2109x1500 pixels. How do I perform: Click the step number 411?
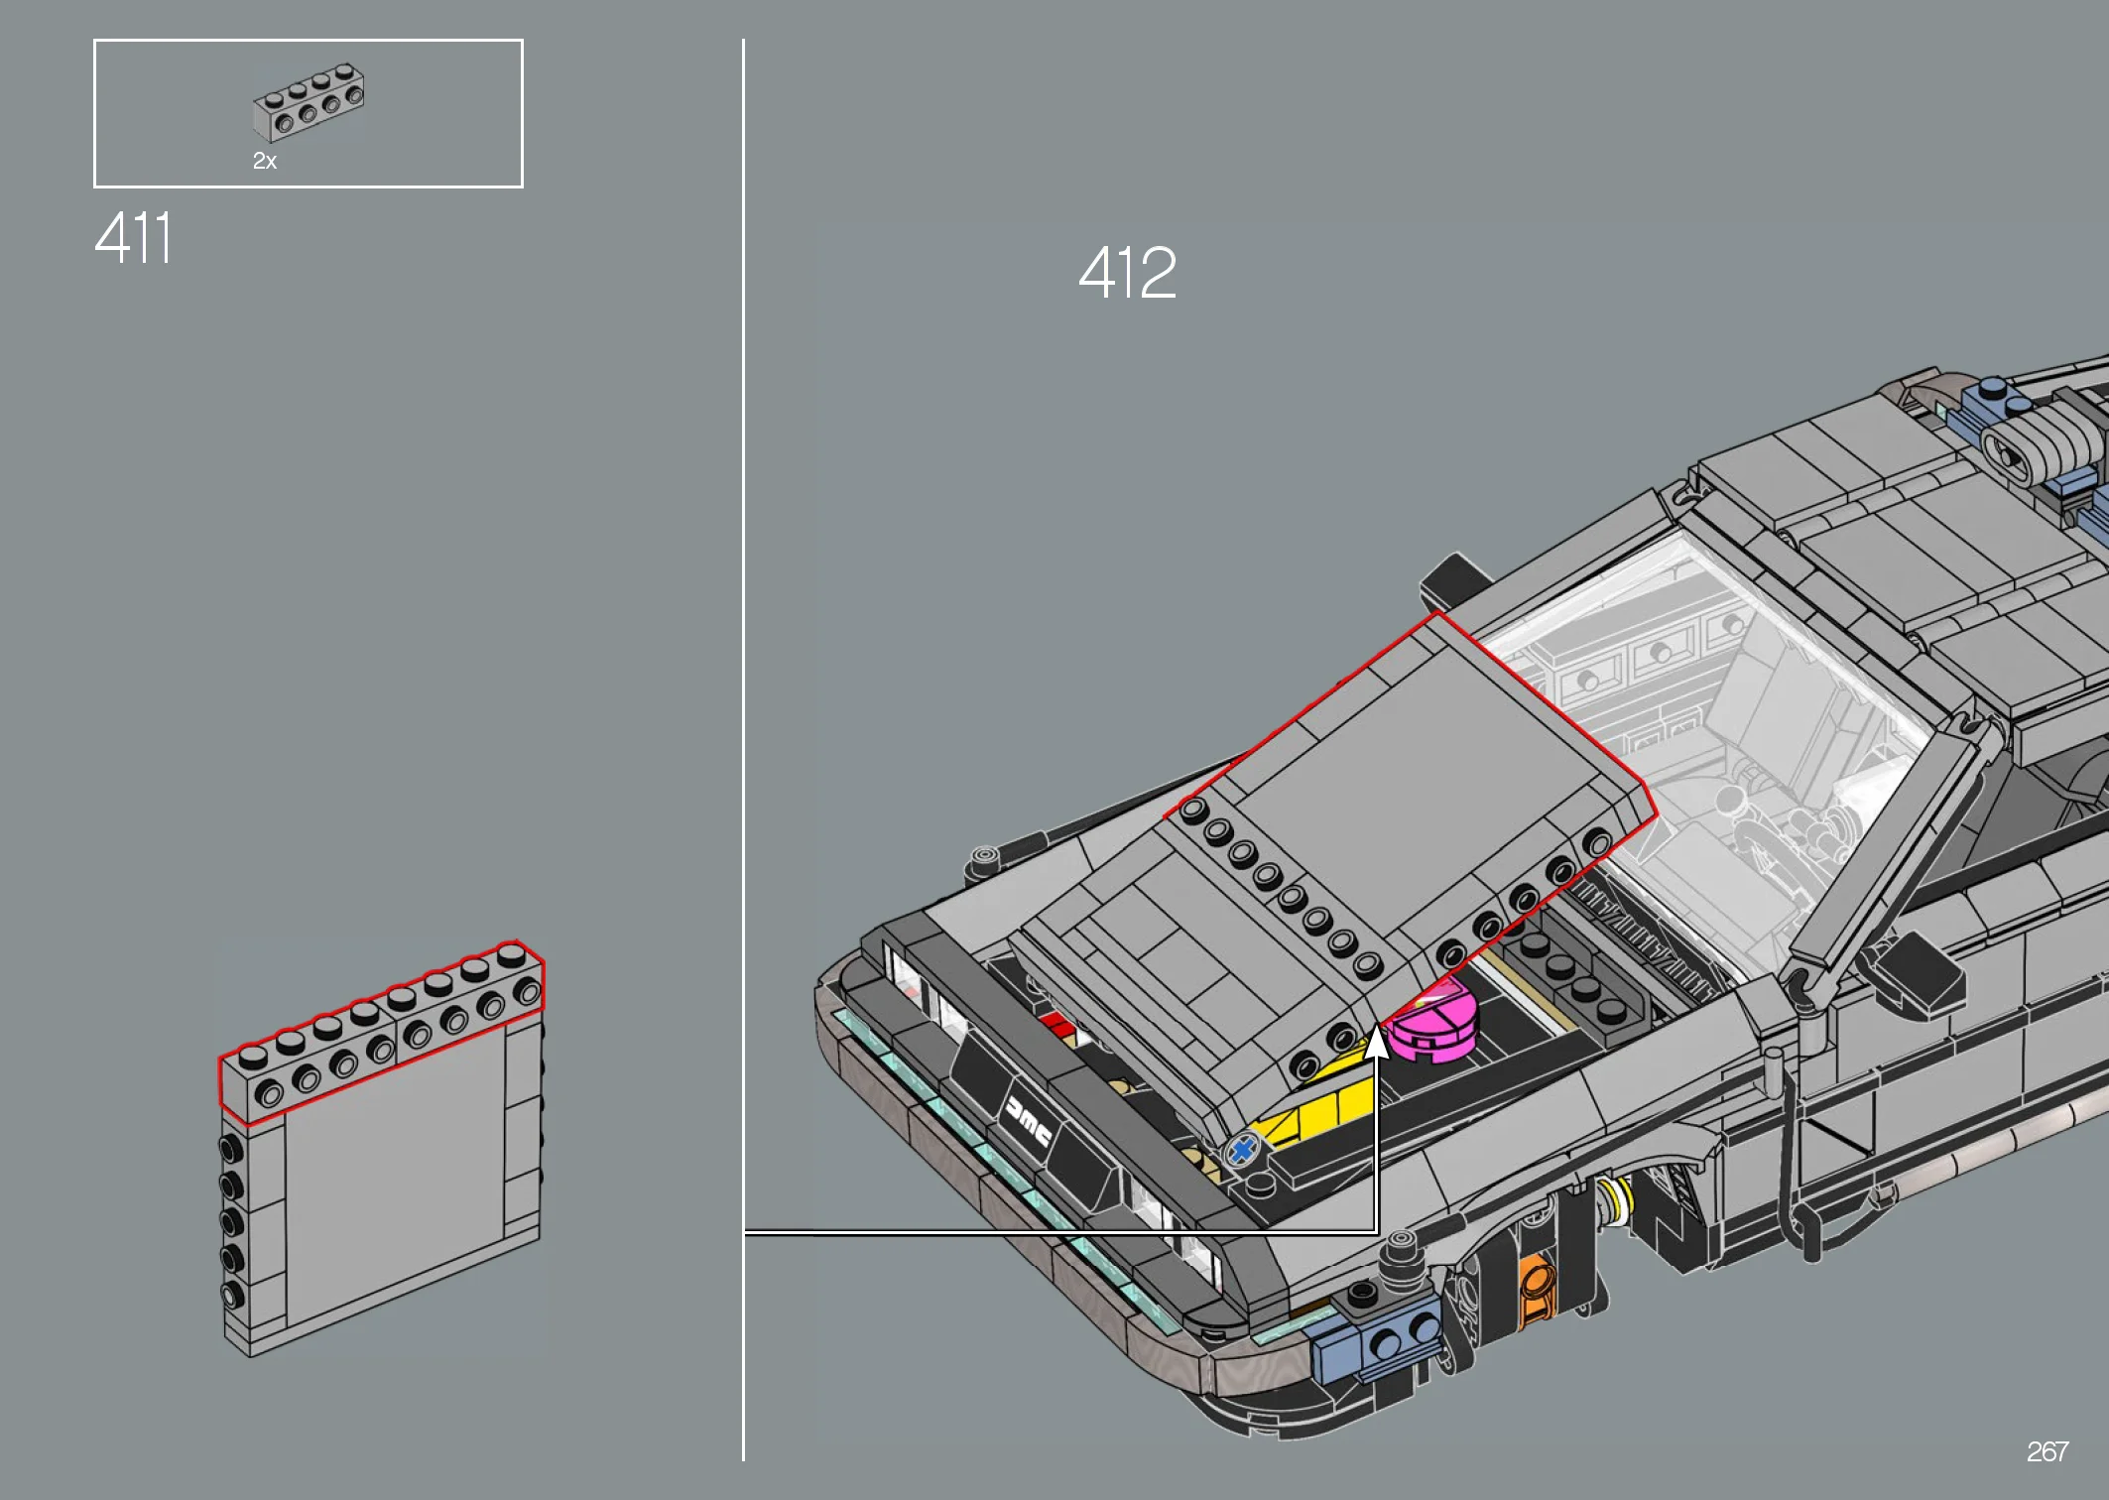tap(133, 238)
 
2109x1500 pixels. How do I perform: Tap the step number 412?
tap(1127, 273)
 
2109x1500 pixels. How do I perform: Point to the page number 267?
tap(2047, 1452)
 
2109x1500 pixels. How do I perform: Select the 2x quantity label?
tap(265, 161)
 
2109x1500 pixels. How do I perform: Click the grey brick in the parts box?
tap(309, 102)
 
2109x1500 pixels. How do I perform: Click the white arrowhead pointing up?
tap(1376, 1043)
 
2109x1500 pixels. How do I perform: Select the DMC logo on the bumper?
tap(1029, 1120)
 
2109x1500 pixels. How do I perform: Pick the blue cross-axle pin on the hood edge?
tap(1242, 1151)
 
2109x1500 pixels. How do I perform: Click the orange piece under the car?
tap(1534, 1287)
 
